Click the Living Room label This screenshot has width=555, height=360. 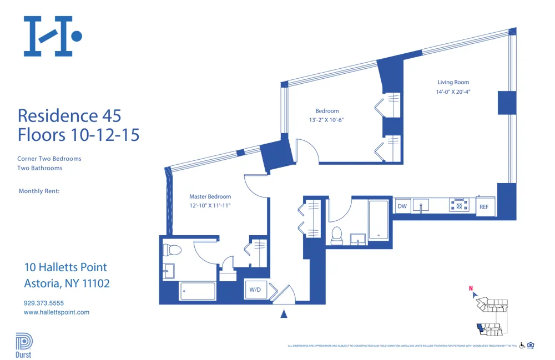pyautogui.click(x=453, y=83)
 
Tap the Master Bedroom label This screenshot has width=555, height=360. pyautogui.click(x=210, y=196)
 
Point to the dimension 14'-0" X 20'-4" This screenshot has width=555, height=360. pyautogui.click(x=453, y=93)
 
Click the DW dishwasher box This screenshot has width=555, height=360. pyautogui.click(x=402, y=206)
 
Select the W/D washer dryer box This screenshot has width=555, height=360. pyautogui.click(x=255, y=290)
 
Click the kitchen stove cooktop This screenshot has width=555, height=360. pyautogui.click(x=458, y=205)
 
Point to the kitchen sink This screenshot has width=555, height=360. pyautogui.click(x=422, y=206)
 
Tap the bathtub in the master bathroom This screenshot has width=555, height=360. pyautogui.click(x=198, y=290)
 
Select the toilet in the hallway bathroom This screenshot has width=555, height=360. pyautogui.click(x=336, y=236)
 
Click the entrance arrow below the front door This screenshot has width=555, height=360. pyautogui.click(x=284, y=314)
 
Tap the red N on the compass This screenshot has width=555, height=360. pyautogui.click(x=471, y=288)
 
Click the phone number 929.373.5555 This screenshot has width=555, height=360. pyautogui.click(x=44, y=303)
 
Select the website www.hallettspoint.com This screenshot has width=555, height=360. pyautogui.click(x=57, y=312)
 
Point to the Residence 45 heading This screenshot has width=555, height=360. pyautogui.click(x=69, y=116)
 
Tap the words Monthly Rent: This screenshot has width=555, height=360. pyautogui.click(x=39, y=191)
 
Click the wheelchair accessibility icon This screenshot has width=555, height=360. pyautogui.click(x=522, y=346)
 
